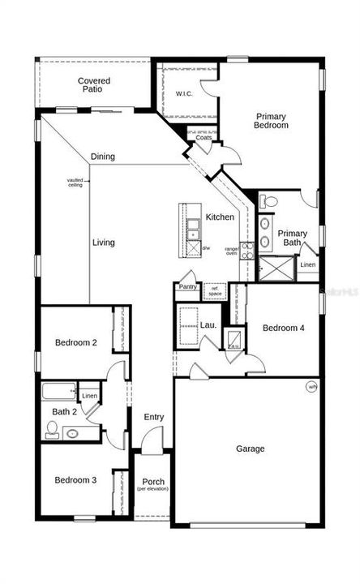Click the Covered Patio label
coord(94,85)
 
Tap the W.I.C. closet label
coord(185,94)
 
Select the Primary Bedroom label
coord(271,121)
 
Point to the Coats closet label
coord(204,139)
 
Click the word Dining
coord(125,157)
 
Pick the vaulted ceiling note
coord(75,182)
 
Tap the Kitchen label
coord(220,217)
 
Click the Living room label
coord(103,243)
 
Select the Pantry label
coord(188,286)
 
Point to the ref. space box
coord(215,290)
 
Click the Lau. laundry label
coord(208,326)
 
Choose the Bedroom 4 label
coord(284,328)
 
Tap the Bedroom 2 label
coord(76,343)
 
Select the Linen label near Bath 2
coord(89,397)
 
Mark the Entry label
coord(154,417)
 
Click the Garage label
coord(251,449)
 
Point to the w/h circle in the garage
coord(312,387)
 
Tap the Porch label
coord(153,483)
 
